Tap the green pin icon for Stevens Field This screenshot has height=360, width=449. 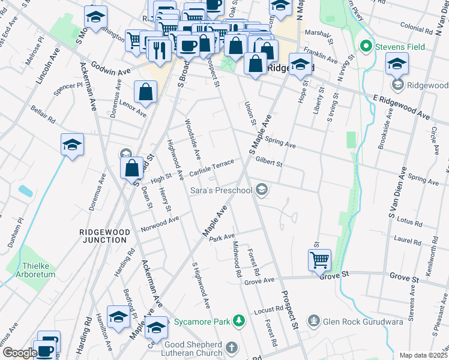coord(364,46)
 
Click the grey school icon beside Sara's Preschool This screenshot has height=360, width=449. coord(261,190)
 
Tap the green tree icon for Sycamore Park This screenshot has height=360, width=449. coord(239,322)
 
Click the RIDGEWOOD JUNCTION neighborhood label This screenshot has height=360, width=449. coord(103,235)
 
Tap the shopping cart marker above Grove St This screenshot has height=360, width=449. coord(319,260)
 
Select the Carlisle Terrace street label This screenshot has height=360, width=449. coord(212,168)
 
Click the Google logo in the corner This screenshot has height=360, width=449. coord(19,353)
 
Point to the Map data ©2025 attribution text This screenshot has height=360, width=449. coord(423,355)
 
